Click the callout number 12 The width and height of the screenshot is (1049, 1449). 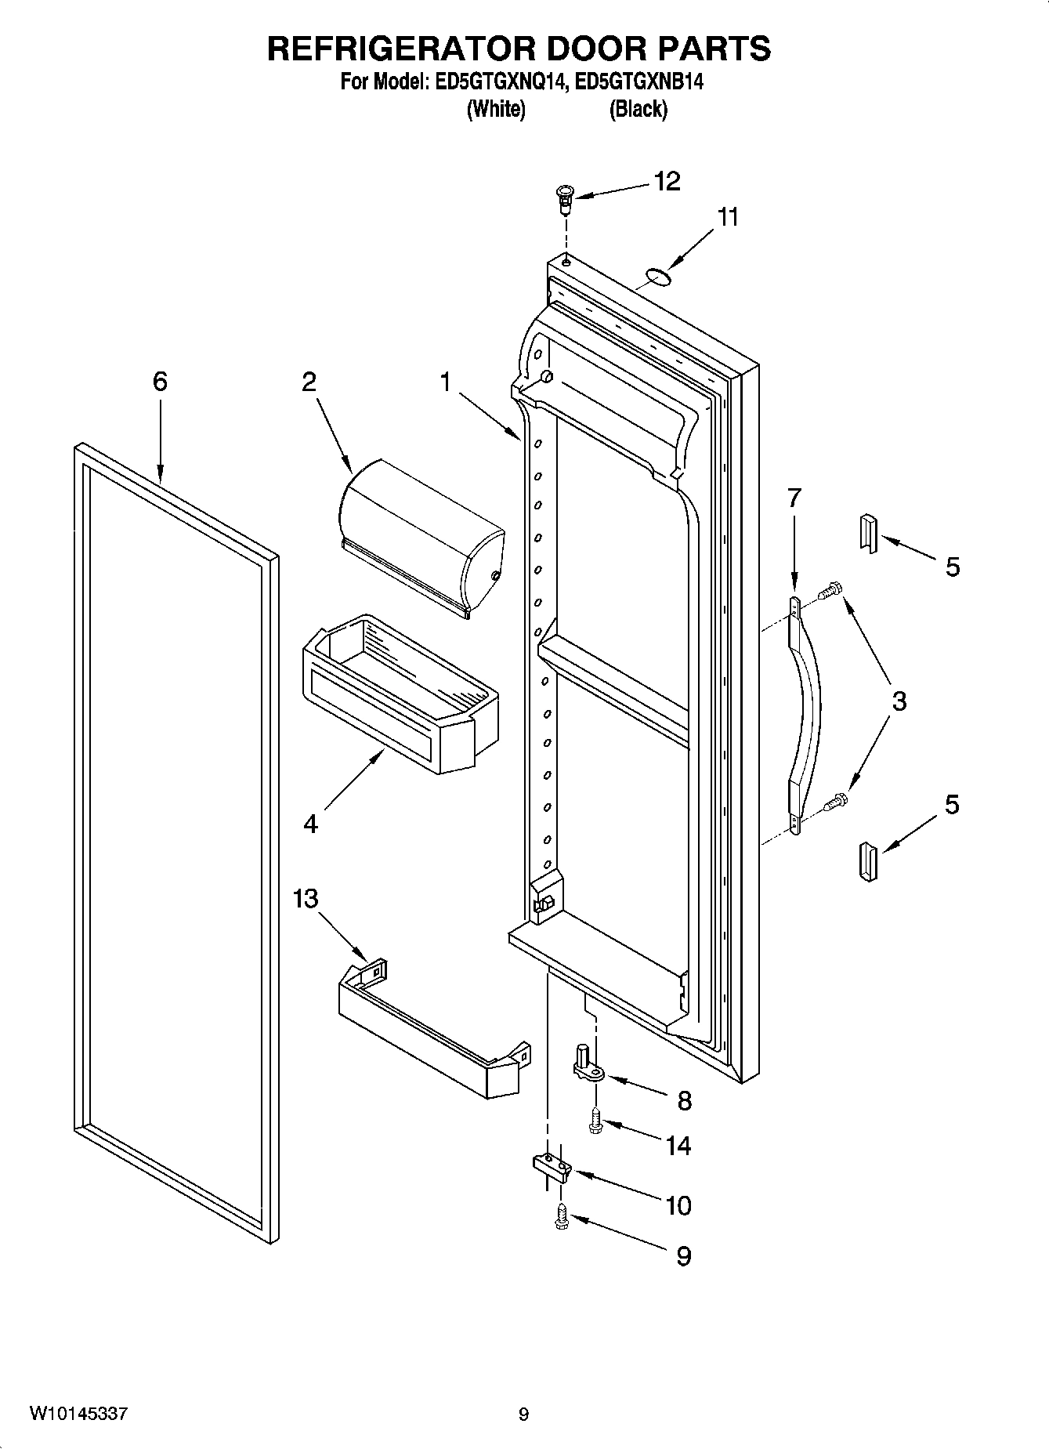(x=667, y=182)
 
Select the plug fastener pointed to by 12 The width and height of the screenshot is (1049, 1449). (x=564, y=198)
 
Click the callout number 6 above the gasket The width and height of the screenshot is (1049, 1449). (x=160, y=382)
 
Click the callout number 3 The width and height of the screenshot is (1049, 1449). (x=899, y=701)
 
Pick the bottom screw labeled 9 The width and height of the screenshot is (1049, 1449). (x=562, y=1217)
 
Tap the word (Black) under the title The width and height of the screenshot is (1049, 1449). (x=638, y=109)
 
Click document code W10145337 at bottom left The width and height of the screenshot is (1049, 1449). (x=78, y=1414)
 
